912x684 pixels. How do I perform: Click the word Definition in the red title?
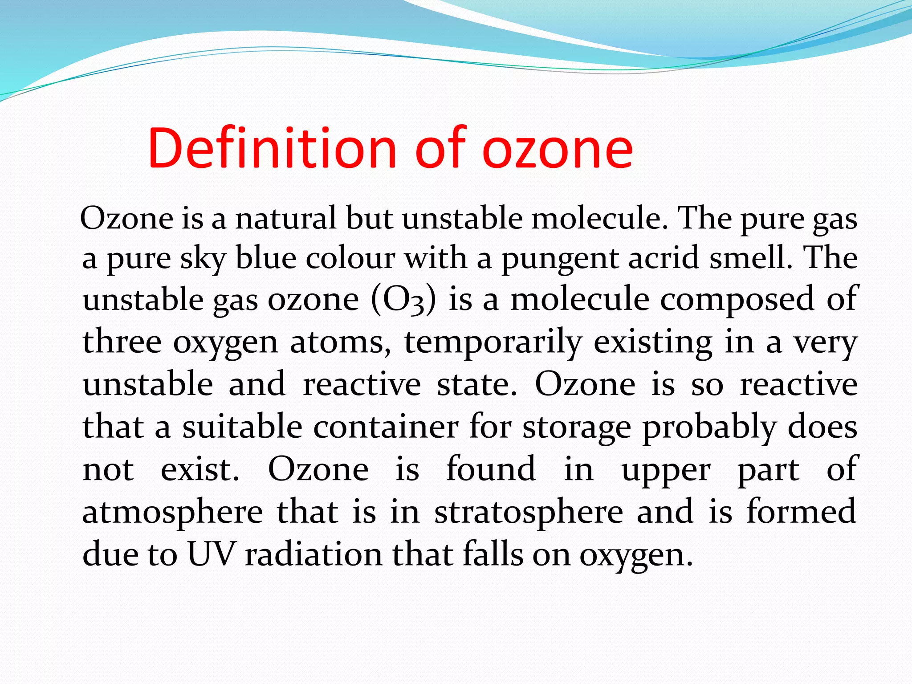coord(272,148)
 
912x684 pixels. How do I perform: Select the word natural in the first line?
coord(285,219)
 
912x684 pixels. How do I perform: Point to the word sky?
coord(203,259)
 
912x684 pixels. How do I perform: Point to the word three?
coord(122,342)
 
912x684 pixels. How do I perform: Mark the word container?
coord(386,427)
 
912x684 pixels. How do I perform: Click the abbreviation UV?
coord(211,554)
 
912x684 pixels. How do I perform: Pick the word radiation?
coord(313,554)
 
